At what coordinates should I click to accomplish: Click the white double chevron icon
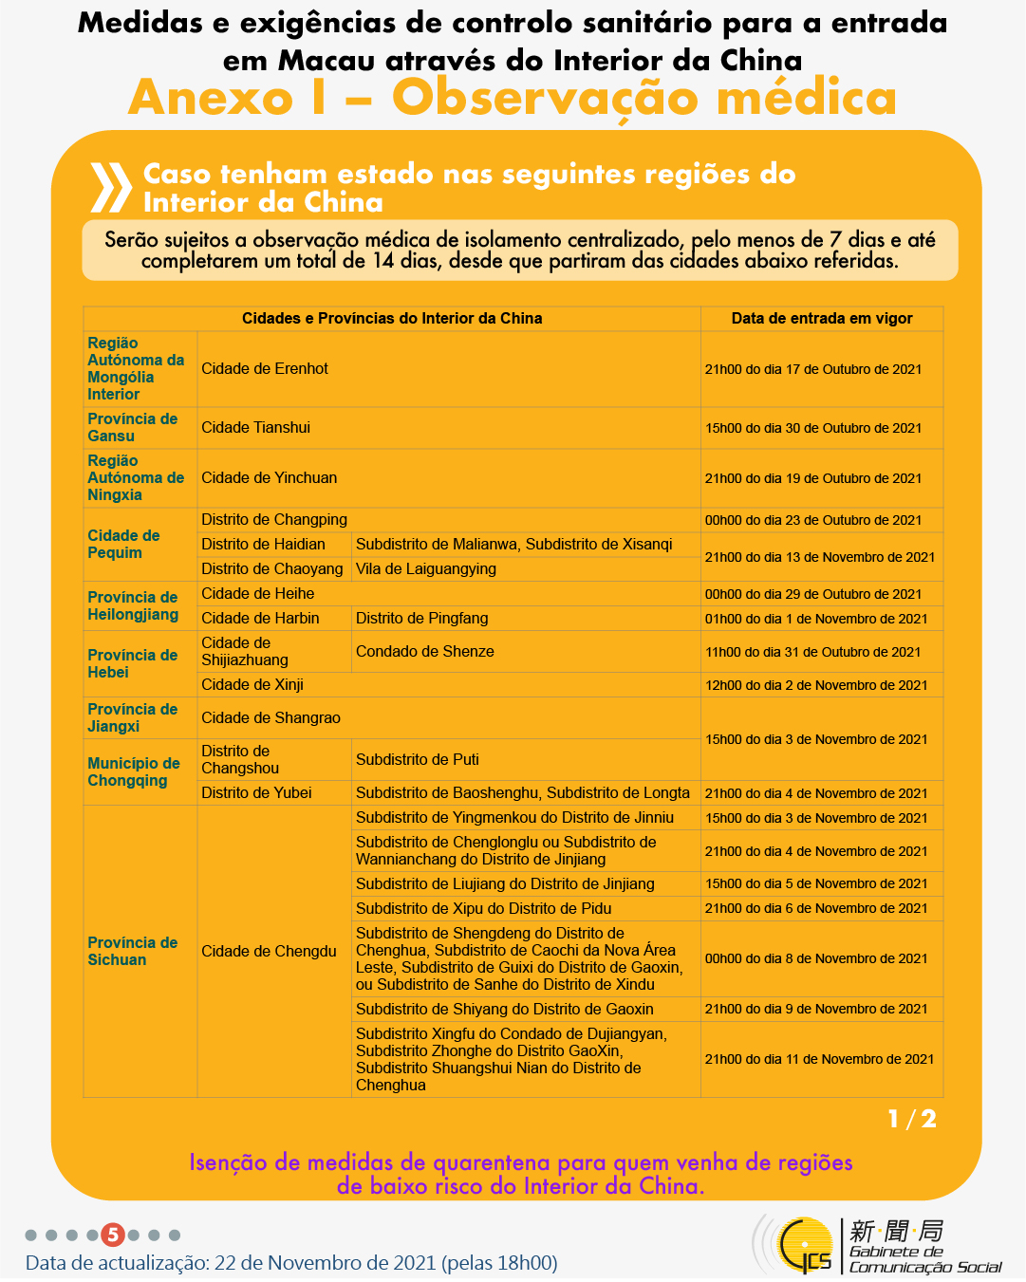point(110,187)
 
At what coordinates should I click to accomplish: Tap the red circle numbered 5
point(113,1235)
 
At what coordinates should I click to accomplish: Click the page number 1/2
point(912,1120)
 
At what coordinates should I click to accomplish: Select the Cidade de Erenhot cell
point(265,368)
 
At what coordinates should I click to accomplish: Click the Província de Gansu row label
point(133,427)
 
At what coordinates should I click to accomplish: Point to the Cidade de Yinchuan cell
point(269,477)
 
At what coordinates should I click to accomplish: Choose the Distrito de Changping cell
point(274,519)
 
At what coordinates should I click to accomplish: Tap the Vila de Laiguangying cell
point(426,568)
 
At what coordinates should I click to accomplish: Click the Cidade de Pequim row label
point(123,544)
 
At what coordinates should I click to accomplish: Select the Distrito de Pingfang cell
point(422,618)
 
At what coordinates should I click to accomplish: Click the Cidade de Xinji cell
point(252,684)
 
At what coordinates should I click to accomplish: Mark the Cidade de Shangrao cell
point(270,717)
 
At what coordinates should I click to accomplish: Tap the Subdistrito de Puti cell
point(418,759)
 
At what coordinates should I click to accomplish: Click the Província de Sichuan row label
point(133,951)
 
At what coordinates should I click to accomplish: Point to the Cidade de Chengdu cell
point(269,951)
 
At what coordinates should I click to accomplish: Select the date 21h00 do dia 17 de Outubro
point(813,369)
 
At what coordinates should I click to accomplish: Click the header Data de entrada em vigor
point(822,318)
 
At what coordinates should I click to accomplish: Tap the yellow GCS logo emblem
point(803,1245)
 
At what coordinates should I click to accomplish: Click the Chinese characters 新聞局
point(897,1231)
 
